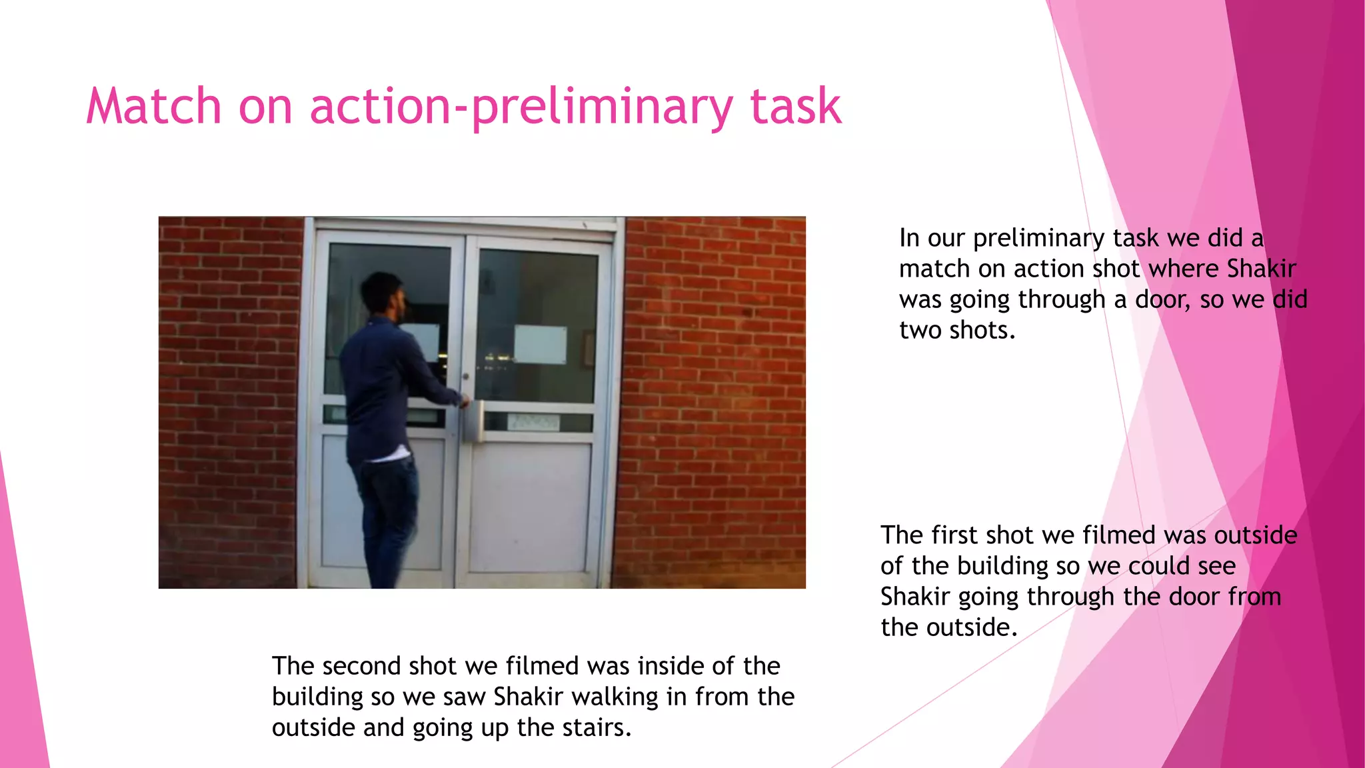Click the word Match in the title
(x=154, y=107)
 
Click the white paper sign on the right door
(x=540, y=345)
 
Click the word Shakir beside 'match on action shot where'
(x=1261, y=269)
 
